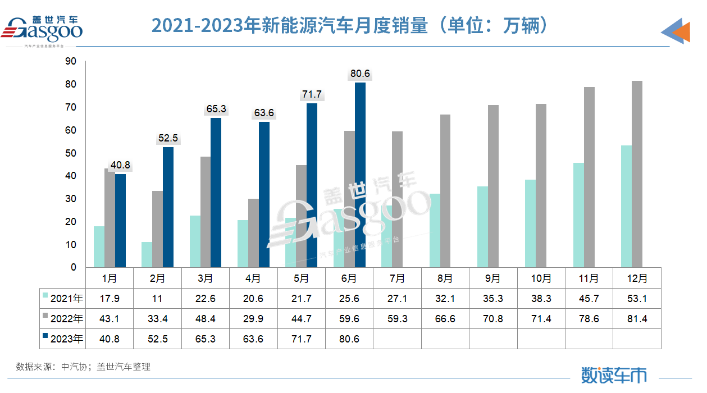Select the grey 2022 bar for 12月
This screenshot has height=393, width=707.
point(637,174)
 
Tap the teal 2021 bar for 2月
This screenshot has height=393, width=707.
point(147,255)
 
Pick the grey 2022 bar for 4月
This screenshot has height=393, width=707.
point(253,233)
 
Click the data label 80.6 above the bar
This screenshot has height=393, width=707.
point(360,74)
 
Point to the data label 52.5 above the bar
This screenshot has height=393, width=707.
point(168,138)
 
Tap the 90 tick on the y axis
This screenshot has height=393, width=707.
point(71,61)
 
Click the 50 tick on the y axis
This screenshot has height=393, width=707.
point(71,153)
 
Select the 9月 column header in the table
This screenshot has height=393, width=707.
point(493,278)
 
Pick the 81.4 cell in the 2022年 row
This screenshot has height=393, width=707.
point(637,319)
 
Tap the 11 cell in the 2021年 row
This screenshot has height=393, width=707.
point(158,299)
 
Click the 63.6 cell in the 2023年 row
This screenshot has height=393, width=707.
point(253,339)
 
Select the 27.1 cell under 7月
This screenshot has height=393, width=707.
point(397,299)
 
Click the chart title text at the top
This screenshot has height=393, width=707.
point(349,26)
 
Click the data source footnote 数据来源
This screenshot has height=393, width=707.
point(83,367)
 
